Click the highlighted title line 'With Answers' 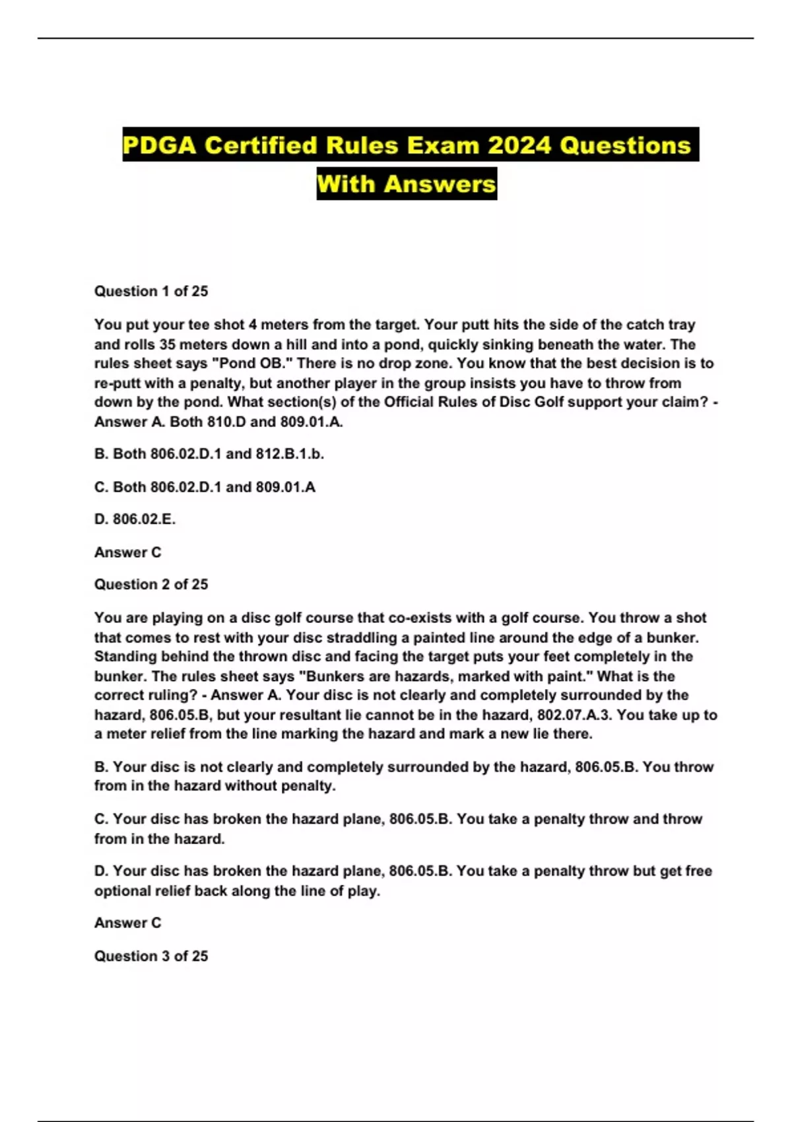click(x=407, y=183)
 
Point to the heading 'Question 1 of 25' click(x=151, y=291)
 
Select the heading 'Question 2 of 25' click(x=151, y=584)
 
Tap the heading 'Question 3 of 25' click(x=151, y=956)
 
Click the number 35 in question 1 click(x=168, y=344)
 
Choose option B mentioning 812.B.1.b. click(x=209, y=454)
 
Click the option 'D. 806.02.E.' click(x=135, y=519)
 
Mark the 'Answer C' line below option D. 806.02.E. click(x=127, y=552)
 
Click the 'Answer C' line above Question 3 click(x=127, y=923)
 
